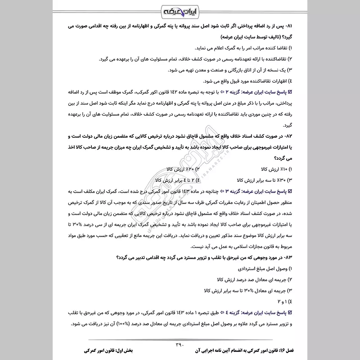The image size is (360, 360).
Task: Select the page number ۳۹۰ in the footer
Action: (x=180, y=344)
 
